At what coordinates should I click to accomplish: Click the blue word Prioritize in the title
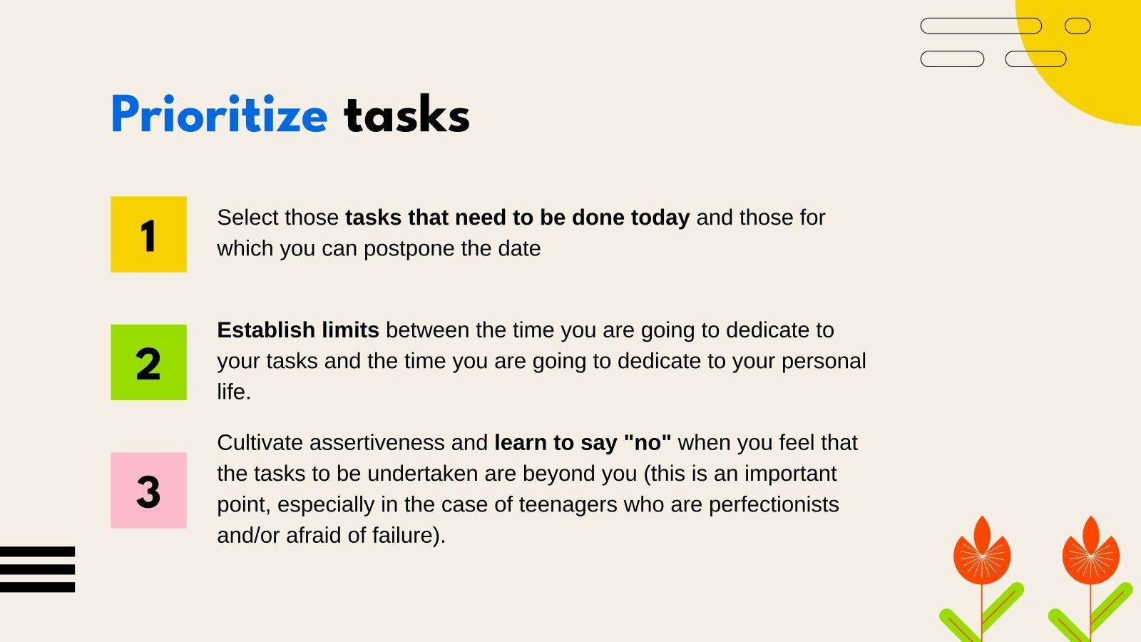[219, 115]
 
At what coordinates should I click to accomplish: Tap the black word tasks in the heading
[406, 115]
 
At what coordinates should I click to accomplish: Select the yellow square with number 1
[148, 234]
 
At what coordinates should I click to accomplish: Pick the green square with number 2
[148, 362]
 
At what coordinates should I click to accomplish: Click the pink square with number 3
[148, 491]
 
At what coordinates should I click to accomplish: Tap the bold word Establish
[266, 330]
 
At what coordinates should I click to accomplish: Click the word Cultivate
[260, 443]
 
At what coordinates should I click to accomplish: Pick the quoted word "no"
[648, 443]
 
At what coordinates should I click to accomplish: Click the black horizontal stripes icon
[37, 569]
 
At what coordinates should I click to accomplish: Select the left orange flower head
[982, 553]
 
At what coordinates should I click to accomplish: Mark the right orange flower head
[1090, 553]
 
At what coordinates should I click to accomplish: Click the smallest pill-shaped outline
[1078, 26]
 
